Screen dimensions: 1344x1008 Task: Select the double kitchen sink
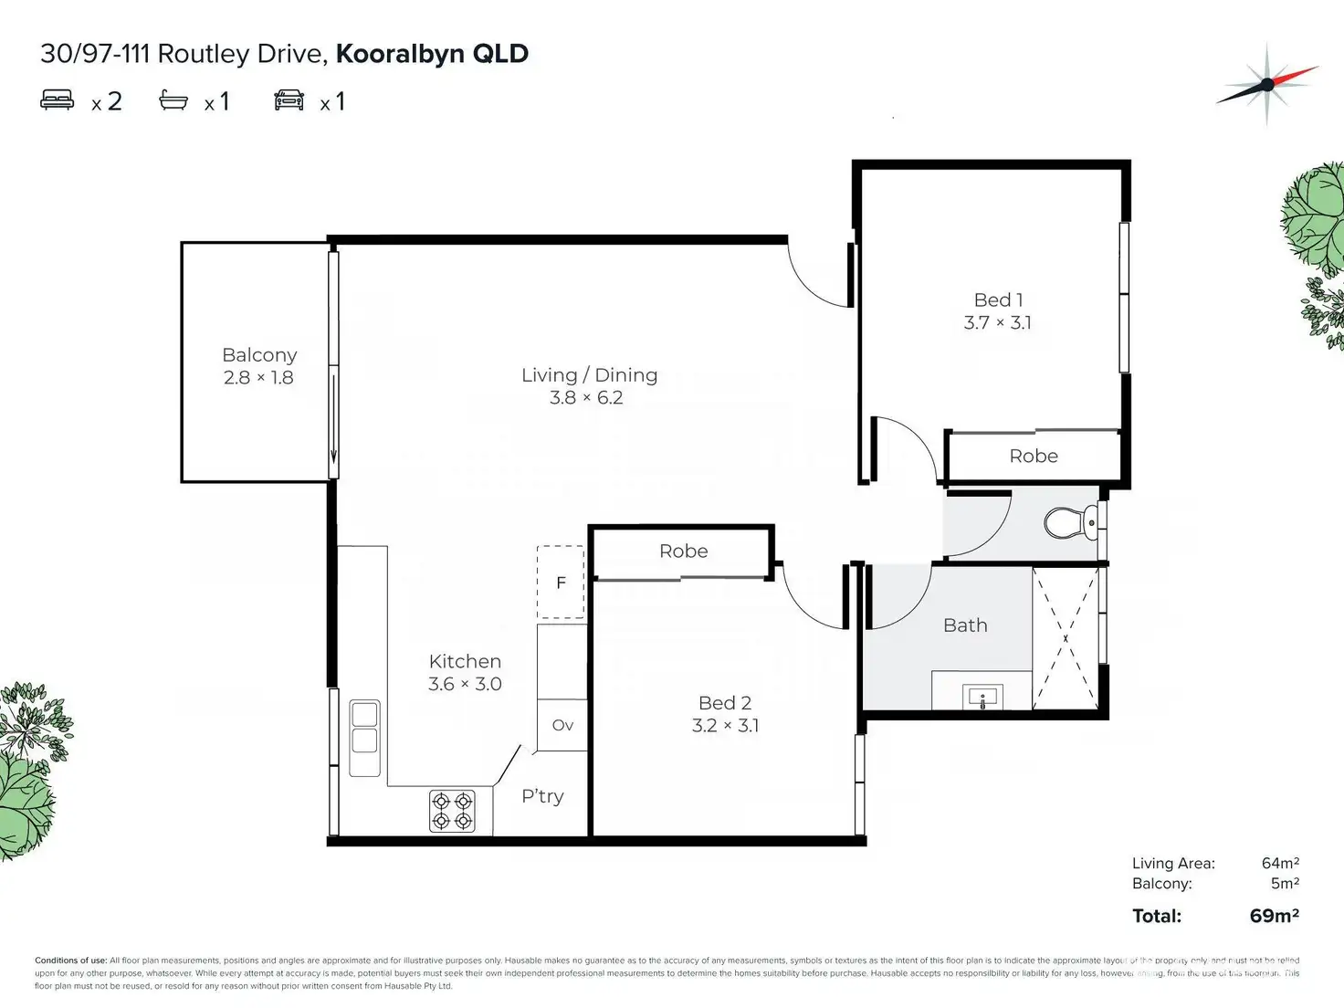point(364,728)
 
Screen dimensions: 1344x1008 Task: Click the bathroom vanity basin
point(982,698)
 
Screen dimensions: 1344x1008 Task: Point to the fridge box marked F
point(561,583)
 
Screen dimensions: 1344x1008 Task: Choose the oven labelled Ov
point(562,725)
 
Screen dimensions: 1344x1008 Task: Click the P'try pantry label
point(542,796)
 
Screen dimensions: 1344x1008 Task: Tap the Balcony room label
point(259,355)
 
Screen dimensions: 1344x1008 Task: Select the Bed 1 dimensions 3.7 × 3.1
point(998,322)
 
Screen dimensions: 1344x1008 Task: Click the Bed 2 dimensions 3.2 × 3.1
point(725,726)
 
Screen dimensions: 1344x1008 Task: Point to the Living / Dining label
point(589,375)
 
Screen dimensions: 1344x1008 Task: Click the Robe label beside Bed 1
point(1034,456)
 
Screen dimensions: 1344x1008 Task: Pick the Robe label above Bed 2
point(683,551)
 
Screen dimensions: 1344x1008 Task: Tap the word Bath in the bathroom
point(965,625)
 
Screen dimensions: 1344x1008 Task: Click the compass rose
point(1267,84)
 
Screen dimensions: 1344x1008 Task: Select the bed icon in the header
point(58,100)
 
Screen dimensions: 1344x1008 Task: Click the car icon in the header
point(289,100)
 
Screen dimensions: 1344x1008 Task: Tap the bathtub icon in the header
point(173,100)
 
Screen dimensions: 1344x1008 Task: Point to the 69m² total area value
point(1274,915)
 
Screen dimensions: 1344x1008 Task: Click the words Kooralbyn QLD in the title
point(432,54)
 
